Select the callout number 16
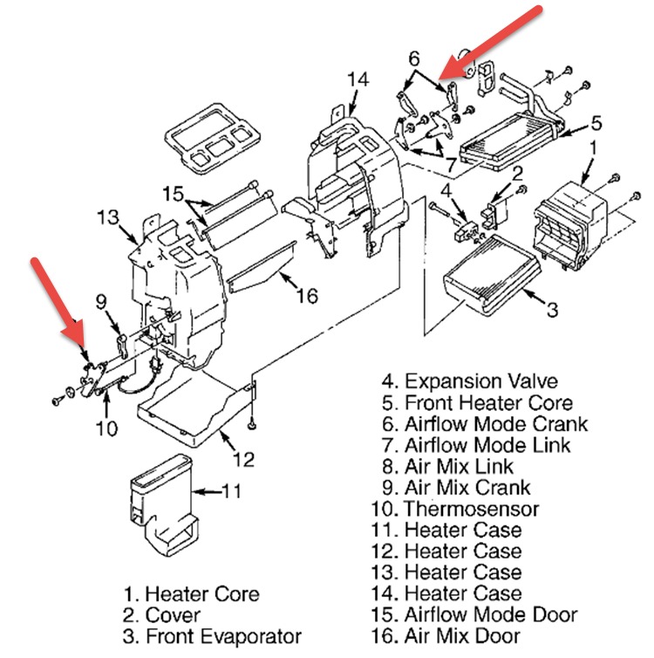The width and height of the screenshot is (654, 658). pos(307,296)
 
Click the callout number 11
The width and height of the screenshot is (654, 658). pos(231,491)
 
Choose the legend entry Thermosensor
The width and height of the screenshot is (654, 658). pos(472,508)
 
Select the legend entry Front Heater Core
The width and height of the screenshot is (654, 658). pos(488,402)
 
